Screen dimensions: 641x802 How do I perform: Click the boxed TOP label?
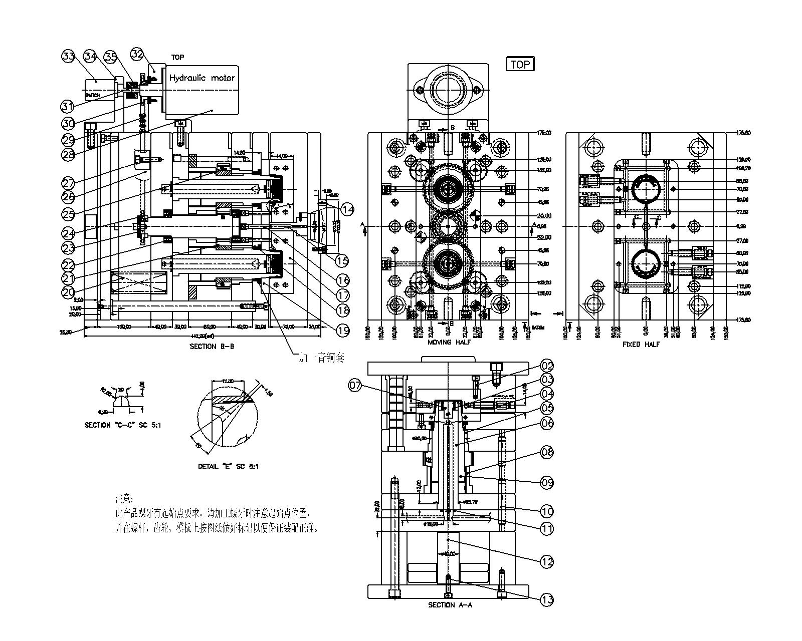520,64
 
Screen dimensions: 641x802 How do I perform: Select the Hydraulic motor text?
202,78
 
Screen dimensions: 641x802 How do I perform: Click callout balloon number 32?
136,54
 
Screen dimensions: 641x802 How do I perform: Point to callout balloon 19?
342,331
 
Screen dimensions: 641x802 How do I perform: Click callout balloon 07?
355,386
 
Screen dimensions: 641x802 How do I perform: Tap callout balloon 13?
547,599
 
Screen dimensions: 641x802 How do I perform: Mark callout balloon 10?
546,511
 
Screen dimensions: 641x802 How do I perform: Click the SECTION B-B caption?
212,346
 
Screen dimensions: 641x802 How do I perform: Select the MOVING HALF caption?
446,343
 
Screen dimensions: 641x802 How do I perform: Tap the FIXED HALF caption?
641,345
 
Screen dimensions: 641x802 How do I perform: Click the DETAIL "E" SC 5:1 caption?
228,466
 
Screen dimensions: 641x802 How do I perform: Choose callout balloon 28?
68,155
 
